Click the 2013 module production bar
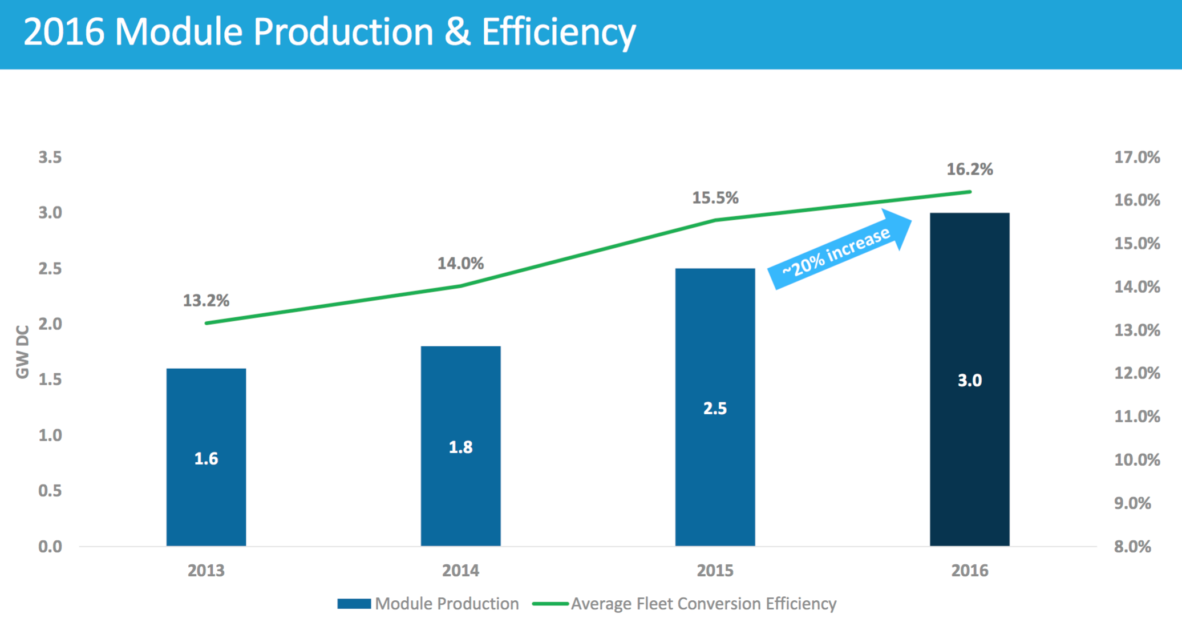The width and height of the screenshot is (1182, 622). [x=206, y=457]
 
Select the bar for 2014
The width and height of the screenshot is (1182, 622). [x=460, y=446]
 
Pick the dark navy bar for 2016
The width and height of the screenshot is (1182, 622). [x=969, y=379]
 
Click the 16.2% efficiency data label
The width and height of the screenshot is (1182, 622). [x=969, y=169]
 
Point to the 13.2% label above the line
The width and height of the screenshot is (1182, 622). [x=206, y=301]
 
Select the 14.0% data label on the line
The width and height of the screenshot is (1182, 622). [x=460, y=264]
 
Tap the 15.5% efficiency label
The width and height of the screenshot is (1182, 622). [x=715, y=198]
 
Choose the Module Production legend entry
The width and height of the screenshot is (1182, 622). [x=428, y=604]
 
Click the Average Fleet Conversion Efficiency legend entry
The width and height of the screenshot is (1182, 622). [x=685, y=604]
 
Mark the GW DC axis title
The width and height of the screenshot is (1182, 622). [x=22, y=352]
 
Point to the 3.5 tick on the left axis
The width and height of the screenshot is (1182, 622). [x=50, y=157]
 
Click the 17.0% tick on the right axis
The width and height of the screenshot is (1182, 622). [x=1137, y=157]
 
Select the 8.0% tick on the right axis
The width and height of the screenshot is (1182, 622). [x=1132, y=547]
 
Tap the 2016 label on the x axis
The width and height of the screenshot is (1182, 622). [x=969, y=571]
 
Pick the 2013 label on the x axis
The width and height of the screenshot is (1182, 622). [x=206, y=571]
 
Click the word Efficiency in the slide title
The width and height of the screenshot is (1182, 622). [x=558, y=32]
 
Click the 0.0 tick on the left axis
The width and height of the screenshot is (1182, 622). [x=50, y=547]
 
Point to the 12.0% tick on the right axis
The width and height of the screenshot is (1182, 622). [x=1137, y=373]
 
